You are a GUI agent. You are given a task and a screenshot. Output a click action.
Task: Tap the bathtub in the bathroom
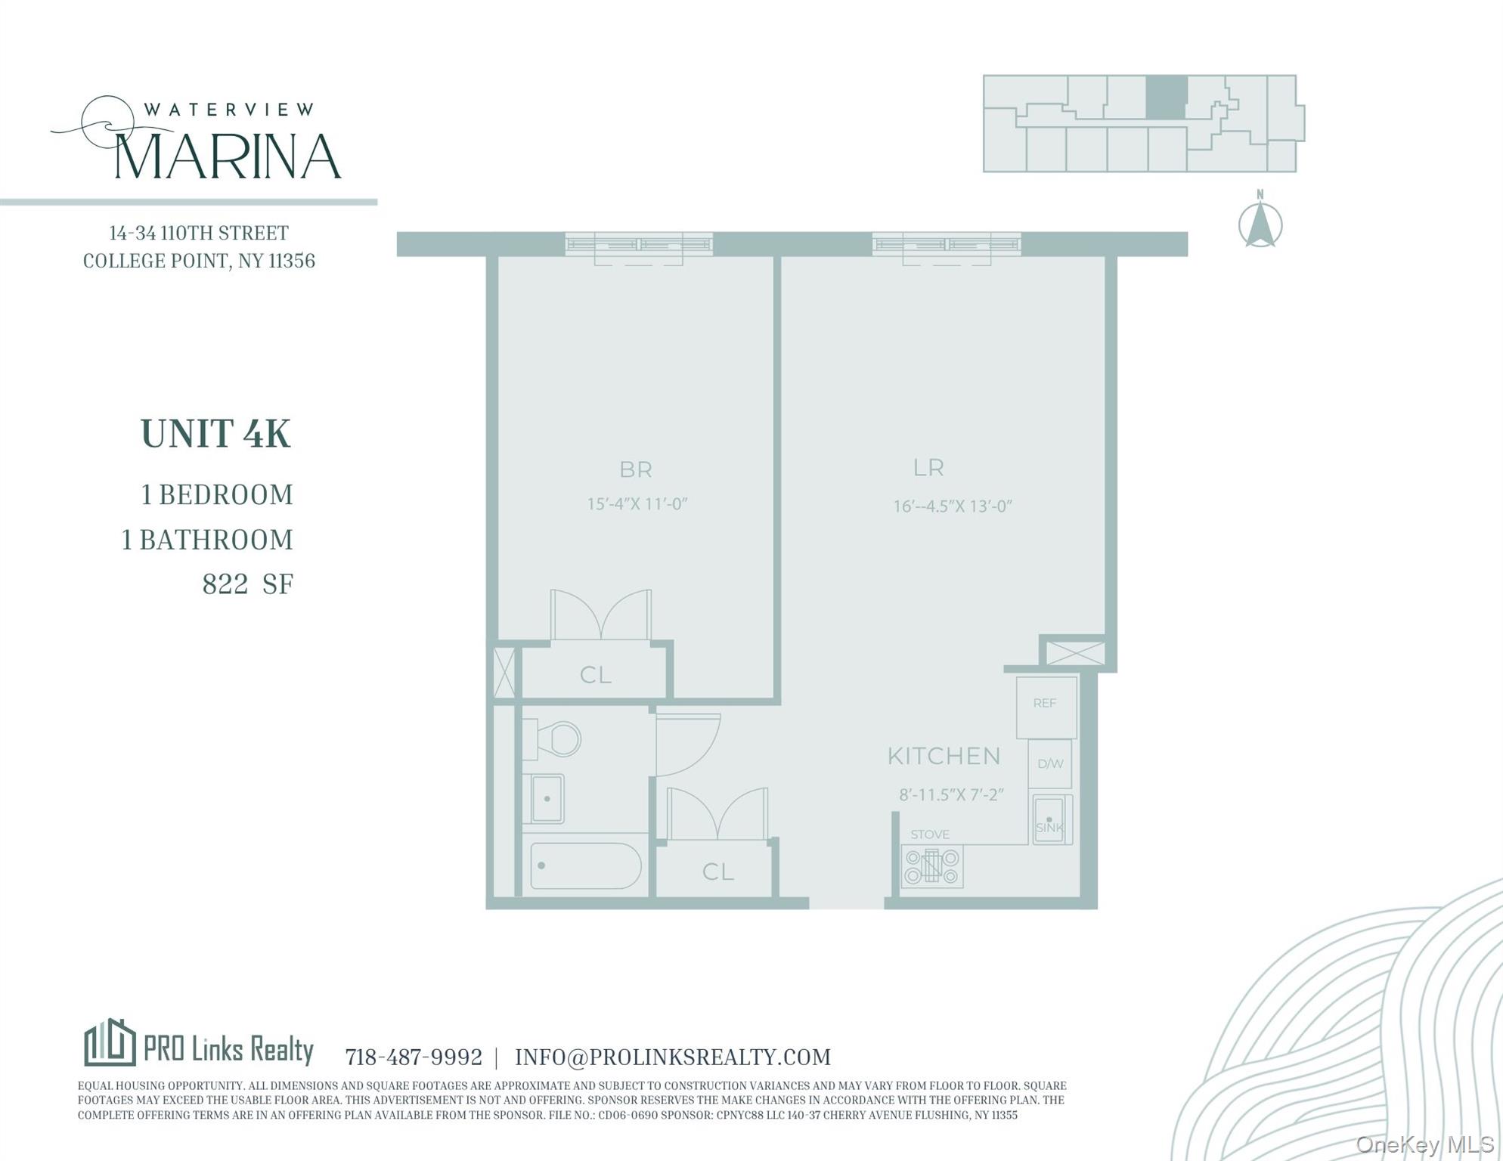click(585, 866)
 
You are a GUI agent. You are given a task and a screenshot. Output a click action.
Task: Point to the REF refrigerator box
click(1046, 707)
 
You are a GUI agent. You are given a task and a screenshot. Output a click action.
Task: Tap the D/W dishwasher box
click(1050, 764)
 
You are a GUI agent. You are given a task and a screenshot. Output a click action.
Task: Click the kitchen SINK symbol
click(1051, 819)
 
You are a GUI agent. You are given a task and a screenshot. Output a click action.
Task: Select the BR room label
click(635, 470)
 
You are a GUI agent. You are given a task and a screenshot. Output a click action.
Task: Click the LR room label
click(928, 468)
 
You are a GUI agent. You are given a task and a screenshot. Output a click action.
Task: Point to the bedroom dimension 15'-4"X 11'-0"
click(637, 504)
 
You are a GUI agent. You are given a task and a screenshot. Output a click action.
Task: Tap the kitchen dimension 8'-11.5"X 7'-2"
click(950, 795)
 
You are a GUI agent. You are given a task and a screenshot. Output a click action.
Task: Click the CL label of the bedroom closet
click(595, 675)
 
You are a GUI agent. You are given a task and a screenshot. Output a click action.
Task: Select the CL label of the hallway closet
click(717, 872)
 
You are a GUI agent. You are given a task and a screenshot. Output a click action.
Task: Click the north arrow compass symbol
click(1260, 224)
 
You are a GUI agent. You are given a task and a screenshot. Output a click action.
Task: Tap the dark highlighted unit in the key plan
click(1165, 98)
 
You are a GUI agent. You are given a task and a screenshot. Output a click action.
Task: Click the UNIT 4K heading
click(215, 435)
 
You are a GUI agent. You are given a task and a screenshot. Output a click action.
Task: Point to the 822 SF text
click(247, 584)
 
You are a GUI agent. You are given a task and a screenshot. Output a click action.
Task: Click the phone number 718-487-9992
click(414, 1057)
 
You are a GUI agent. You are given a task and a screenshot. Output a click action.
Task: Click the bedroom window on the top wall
click(639, 244)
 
